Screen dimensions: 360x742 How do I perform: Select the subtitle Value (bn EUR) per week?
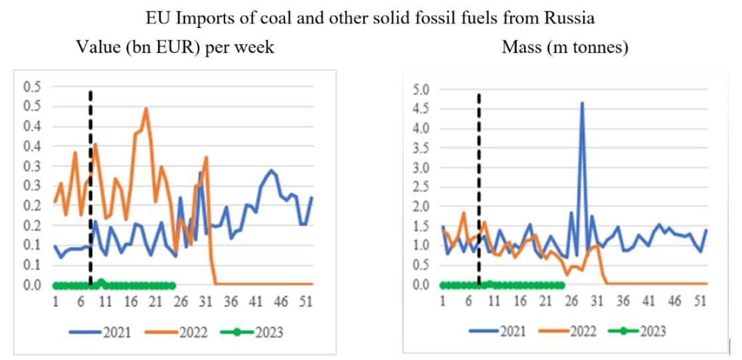(x=175, y=47)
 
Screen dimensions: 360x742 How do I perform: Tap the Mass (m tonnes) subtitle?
(x=566, y=47)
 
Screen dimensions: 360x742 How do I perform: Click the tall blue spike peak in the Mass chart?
(x=582, y=104)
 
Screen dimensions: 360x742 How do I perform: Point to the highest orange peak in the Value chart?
(x=145, y=109)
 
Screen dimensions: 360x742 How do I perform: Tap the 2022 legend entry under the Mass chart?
(x=565, y=331)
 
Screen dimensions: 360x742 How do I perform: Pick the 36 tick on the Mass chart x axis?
(x=623, y=301)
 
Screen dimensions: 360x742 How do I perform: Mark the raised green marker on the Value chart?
(x=101, y=282)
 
